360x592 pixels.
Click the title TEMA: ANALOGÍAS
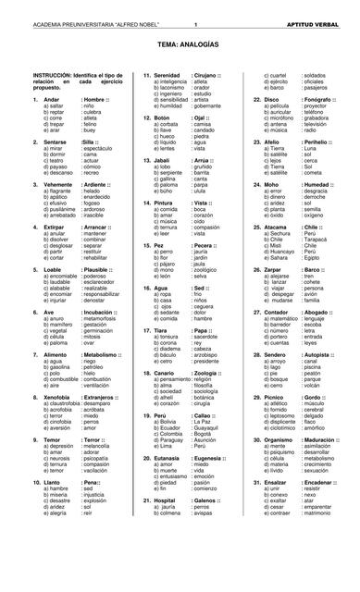tap(180, 43)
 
